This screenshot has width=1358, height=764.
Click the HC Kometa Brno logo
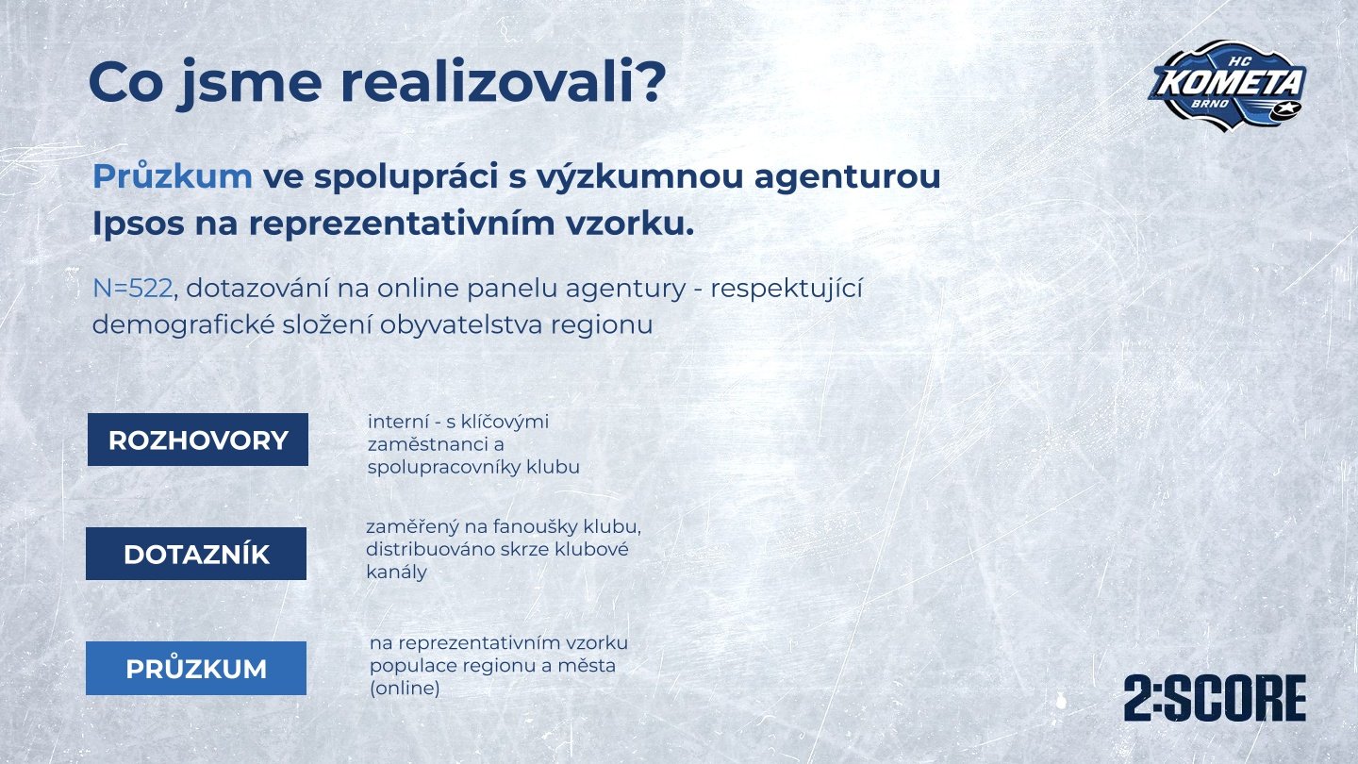(x=1228, y=86)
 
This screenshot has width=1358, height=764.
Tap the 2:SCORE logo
(x=1215, y=699)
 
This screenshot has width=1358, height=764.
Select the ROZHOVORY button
(x=198, y=440)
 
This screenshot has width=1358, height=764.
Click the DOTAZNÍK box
(x=196, y=554)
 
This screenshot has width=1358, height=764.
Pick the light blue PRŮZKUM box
(x=196, y=668)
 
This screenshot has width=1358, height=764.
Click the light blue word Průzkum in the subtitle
(x=173, y=176)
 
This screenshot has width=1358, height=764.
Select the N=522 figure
(x=133, y=289)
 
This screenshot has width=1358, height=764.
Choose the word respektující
(x=787, y=290)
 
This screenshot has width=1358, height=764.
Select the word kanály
(x=396, y=573)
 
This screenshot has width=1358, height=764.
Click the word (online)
(x=405, y=689)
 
